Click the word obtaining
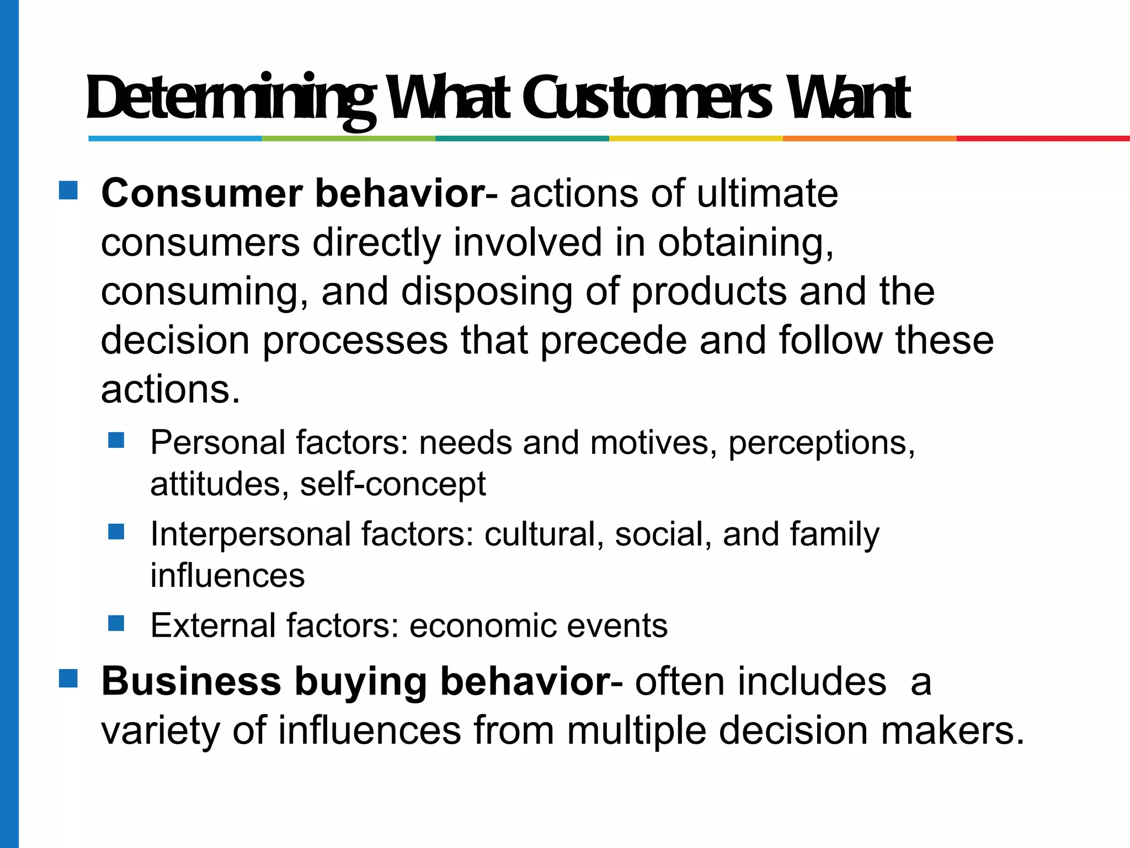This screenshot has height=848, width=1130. pos(745,243)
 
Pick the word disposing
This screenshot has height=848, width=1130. pos(486,292)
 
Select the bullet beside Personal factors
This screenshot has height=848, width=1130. pos(116,440)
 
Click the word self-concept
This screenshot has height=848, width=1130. pos(393,484)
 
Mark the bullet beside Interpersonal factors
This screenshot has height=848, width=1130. pos(116,532)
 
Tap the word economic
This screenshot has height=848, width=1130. pos(482,626)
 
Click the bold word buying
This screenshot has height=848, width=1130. pos(361,682)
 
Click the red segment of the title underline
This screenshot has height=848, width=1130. pos(1043,139)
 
